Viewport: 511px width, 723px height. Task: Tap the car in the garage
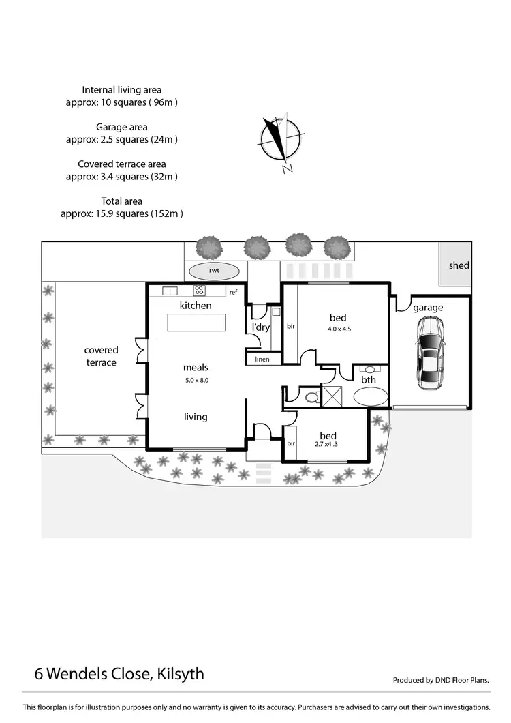[x=430, y=353]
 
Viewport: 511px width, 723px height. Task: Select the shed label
[x=459, y=265]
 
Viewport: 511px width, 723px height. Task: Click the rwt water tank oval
[x=213, y=270]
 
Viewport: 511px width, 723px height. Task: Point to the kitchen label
[x=196, y=306]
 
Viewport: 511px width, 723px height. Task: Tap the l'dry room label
[x=261, y=327]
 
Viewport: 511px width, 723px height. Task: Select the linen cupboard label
[x=262, y=359]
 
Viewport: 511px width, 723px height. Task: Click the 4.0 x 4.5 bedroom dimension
[x=338, y=329]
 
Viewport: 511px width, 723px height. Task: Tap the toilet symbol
[x=311, y=396]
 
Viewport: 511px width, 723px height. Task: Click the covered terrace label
[x=101, y=356]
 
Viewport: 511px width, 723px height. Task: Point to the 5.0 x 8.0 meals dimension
[x=196, y=380]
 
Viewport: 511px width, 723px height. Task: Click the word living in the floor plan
[x=196, y=417]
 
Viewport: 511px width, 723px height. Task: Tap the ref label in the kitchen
[x=233, y=292]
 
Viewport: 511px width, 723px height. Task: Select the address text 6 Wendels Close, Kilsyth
[x=119, y=674]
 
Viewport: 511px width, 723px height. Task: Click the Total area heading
[x=122, y=201]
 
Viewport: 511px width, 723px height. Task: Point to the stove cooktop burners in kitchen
[x=200, y=290]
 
